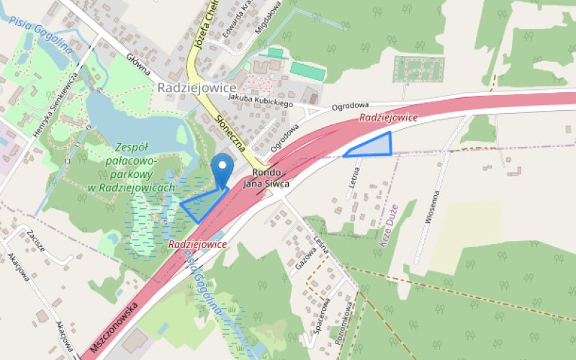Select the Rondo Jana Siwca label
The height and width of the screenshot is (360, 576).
point(266,179)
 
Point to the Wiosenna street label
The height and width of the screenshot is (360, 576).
point(431,209)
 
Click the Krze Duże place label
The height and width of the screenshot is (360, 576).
point(387,225)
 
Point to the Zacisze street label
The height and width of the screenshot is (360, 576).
point(33,242)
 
